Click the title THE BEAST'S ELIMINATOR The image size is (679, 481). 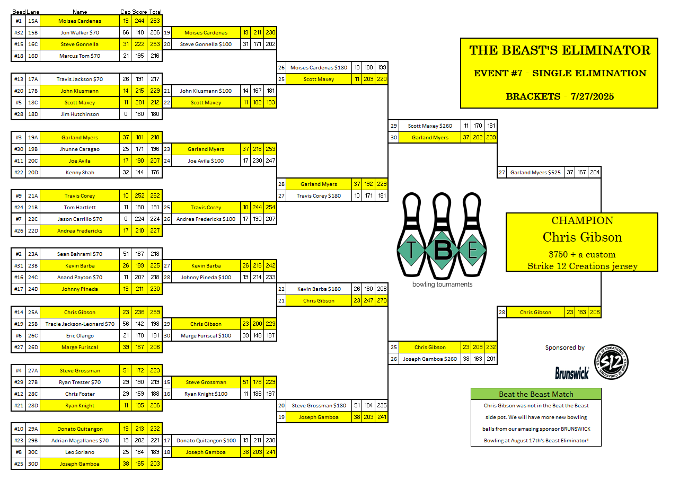coord(559,51)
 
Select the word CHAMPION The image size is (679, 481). coord(582,221)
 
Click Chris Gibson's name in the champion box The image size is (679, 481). coord(582,237)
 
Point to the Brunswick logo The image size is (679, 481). coord(572,373)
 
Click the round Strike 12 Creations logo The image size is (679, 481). coord(611,362)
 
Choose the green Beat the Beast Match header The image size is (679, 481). coord(536,394)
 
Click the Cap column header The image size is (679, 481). coord(126,12)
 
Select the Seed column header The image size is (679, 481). coord(19,12)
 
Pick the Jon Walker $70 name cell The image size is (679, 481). coord(80,32)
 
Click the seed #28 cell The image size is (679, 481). coord(19,114)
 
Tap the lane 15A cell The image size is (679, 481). coord(33,21)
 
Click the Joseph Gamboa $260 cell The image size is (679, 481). coord(430,359)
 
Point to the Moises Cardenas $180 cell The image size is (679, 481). coord(319,67)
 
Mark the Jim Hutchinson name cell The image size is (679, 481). coord(80,114)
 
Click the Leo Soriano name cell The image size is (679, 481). coord(80,452)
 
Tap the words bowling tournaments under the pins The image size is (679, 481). coord(442,284)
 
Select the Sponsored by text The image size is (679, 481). coord(565,348)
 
